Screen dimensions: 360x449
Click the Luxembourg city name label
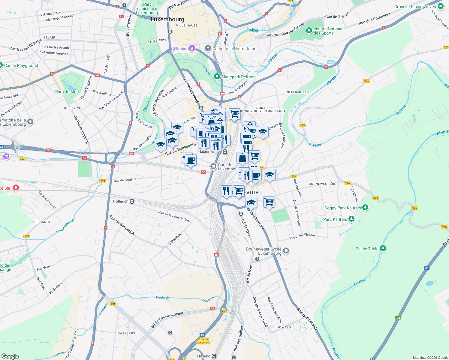[x=167, y=19]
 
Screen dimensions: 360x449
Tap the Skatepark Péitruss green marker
[x=217, y=77]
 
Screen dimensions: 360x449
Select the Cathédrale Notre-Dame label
[x=234, y=49]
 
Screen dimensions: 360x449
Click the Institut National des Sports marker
[x=309, y=31]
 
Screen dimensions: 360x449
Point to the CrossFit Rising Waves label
[x=415, y=7]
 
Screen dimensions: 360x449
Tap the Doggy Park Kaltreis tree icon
[x=365, y=208]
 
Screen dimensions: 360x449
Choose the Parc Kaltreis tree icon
[x=351, y=219]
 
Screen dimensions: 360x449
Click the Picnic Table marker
[x=383, y=248]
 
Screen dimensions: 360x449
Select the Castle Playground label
[x=21, y=65]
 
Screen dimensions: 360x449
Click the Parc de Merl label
[x=67, y=91]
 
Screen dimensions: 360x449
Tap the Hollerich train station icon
[x=132, y=202]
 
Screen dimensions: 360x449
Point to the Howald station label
[x=204, y=356]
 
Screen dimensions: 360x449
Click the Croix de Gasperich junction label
[x=203, y=341]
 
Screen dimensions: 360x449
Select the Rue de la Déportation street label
[x=174, y=216]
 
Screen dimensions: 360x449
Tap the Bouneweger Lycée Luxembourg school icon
[x=286, y=251]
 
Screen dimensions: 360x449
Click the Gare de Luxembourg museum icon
[x=213, y=166]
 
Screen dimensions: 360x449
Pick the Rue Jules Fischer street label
[x=302, y=236]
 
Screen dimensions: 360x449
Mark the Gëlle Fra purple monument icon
[x=192, y=48]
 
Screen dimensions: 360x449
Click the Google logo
[x=10, y=356]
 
